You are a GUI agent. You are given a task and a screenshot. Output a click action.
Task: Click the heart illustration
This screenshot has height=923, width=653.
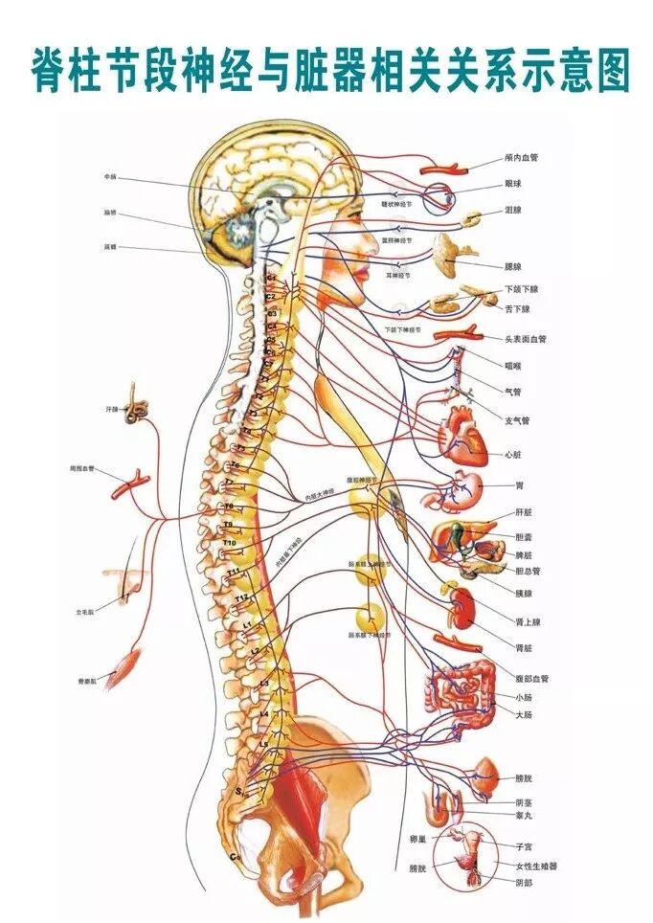462,434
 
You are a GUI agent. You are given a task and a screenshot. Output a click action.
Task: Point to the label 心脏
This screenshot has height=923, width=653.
514,454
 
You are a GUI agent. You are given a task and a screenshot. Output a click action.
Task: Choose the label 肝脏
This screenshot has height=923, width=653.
524,511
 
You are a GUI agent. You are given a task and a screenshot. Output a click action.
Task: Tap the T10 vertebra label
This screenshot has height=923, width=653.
230,543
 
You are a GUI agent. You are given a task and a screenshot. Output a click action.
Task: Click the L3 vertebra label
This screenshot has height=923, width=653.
264,683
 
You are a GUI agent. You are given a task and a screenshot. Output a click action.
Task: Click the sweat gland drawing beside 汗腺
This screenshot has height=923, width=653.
141,408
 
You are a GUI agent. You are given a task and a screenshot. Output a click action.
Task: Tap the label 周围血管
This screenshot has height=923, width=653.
82,469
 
